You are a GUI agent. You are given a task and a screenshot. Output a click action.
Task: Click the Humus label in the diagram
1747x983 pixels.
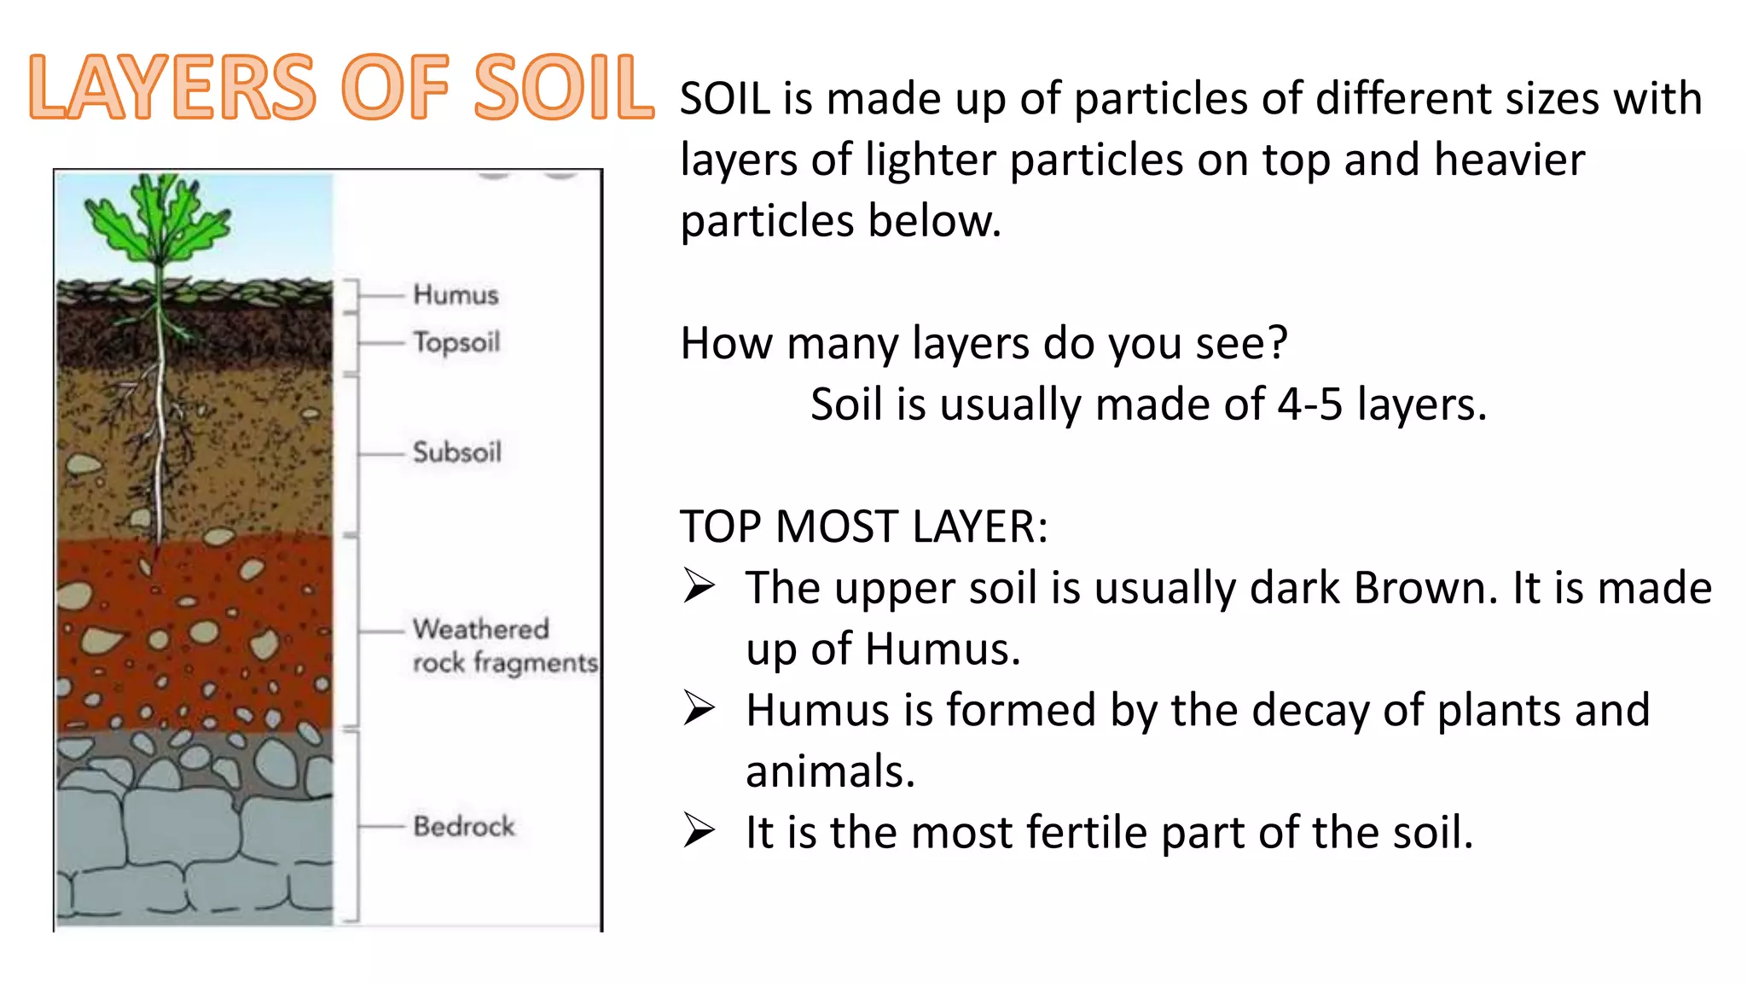tap(456, 294)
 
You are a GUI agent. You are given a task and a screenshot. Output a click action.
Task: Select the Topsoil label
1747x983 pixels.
tap(456, 342)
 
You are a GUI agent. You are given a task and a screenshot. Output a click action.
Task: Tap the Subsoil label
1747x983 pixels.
tap(457, 451)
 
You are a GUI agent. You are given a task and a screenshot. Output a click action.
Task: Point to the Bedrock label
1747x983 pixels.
tap(464, 826)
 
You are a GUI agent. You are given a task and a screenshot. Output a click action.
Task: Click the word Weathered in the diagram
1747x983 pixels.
tap(481, 629)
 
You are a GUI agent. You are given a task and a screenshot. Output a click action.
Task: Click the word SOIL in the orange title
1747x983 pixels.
tap(563, 87)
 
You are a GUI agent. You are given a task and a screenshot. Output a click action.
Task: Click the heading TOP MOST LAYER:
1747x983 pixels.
tap(863, 526)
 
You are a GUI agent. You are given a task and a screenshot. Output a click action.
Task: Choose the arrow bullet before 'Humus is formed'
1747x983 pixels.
tap(699, 709)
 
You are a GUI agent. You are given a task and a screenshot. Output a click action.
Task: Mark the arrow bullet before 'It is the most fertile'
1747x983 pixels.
tap(699, 831)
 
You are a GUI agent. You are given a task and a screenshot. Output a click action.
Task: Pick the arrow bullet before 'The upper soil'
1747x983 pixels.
tap(699, 587)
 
